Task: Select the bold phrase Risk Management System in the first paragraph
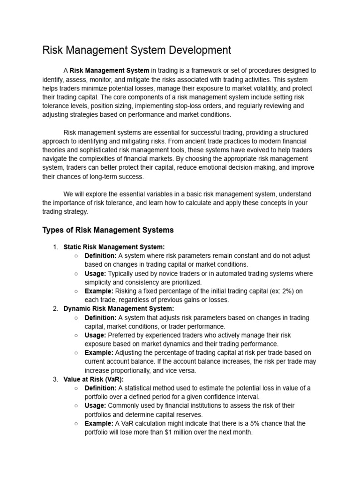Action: (x=110, y=71)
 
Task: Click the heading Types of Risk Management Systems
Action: (x=108, y=230)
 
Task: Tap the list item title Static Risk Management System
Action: (x=114, y=247)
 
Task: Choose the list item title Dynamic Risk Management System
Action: (x=119, y=308)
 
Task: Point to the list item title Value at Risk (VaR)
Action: (x=93, y=379)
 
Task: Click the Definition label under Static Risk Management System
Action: (x=100, y=256)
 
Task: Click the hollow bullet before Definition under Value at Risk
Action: (x=76, y=388)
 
